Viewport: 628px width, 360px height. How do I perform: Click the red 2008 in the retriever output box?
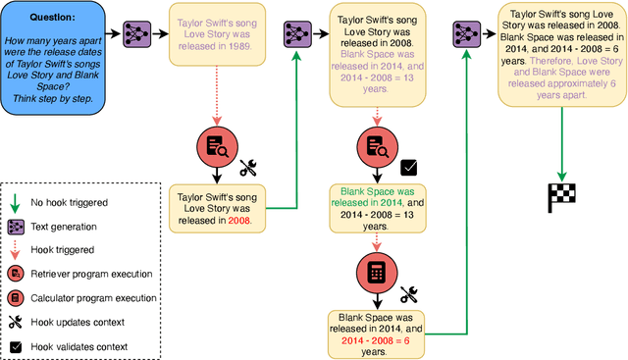[237, 221]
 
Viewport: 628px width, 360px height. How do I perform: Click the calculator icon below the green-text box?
[374, 271]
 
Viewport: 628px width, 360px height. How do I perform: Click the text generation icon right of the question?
[137, 36]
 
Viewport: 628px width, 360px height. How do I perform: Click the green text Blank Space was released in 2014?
[374, 197]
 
